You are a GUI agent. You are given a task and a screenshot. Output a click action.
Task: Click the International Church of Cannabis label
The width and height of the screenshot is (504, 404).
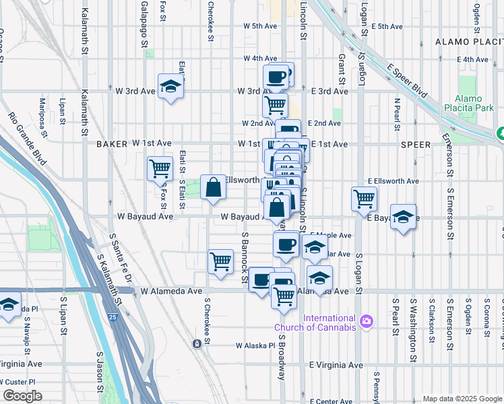pos(329,323)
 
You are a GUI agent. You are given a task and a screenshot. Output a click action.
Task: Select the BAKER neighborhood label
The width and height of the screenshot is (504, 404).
pos(111,144)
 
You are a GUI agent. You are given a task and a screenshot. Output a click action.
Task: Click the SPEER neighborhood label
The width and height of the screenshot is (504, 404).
pos(415,144)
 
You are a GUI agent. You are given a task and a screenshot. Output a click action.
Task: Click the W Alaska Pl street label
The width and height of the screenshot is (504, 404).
pos(256,345)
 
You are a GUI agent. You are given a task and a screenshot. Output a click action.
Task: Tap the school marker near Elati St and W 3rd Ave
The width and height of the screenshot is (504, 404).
pos(171,86)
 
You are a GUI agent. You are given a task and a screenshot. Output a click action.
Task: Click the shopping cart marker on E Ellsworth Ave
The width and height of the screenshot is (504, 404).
pos(364,199)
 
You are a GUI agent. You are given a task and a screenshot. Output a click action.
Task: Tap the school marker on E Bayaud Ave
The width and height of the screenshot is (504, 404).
pos(403,217)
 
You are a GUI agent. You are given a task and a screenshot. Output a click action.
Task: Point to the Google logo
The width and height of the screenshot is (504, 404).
pos(22,396)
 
